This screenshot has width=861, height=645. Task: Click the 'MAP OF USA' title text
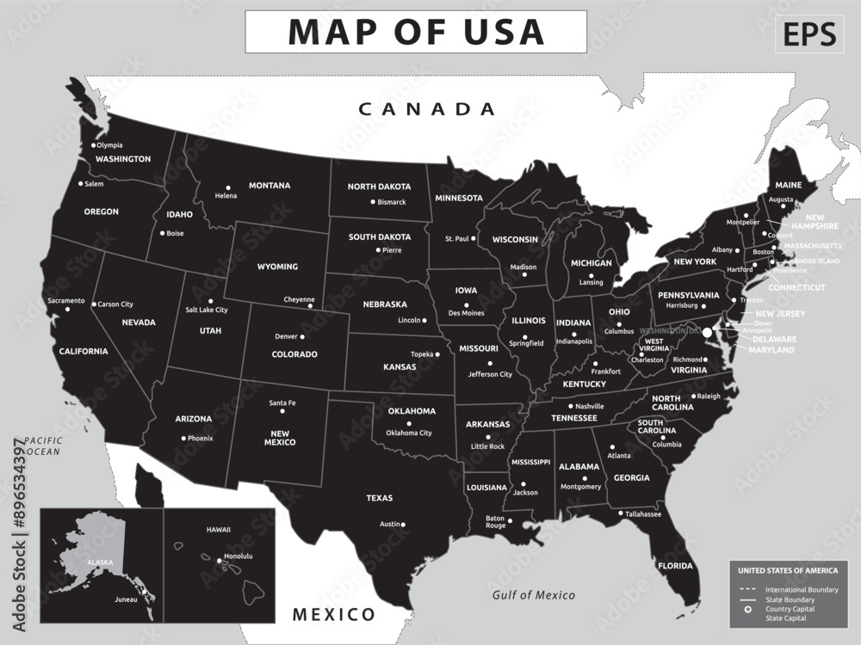pyautogui.click(x=416, y=32)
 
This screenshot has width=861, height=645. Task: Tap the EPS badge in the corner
pyautogui.click(x=808, y=34)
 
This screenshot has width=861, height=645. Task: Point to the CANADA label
pyautogui.click(x=427, y=109)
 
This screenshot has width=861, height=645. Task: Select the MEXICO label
pyautogui.click(x=334, y=614)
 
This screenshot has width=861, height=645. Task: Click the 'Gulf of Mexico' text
pyautogui.click(x=533, y=595)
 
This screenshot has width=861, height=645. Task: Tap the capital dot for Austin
pyautogui.click(x=404, y=524)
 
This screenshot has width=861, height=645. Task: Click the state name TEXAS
pyautogui.click(x=379, y=498)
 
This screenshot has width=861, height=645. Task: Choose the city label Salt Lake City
pyautogui.click(x=207, y=310)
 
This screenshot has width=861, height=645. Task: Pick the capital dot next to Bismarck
pyautogui.click(x=373, y=202)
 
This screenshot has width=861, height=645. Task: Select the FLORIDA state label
pyautogui.click(x=675, y=566)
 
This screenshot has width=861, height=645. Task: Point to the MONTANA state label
pyautogui.click(x=269, y=185)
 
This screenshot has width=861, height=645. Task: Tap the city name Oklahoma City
pyautogui.click(x=409, y=433)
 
